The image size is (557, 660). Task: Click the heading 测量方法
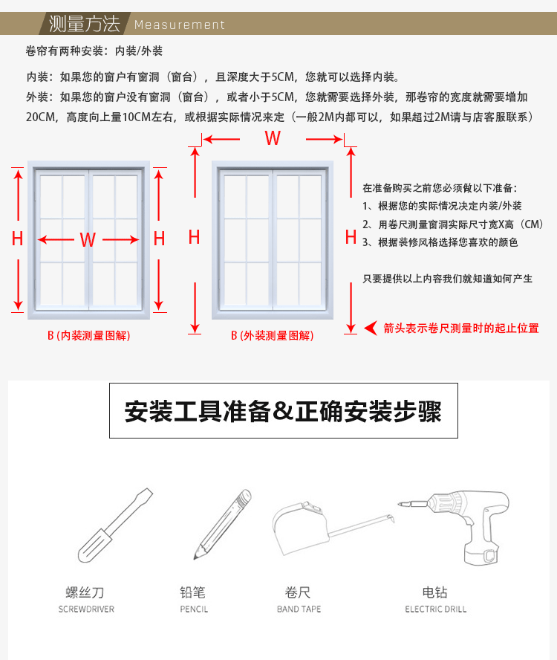tap(83, 24)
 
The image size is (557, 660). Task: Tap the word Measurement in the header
tap(179, 25)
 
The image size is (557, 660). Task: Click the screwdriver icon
tap(115, 525)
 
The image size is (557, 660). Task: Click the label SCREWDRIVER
tap(86, 609)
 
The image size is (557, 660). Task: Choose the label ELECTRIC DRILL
tap(436, 609)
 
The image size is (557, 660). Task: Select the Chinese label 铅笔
tap(193, 592)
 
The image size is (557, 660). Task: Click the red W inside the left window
tap(88, 239)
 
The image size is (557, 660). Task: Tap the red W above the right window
tap(273, 138)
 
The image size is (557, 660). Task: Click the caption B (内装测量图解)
tap(88, 336)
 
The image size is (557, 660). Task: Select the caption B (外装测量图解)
tap(273, 336)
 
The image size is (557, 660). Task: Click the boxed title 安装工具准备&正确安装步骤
tap(283, 411)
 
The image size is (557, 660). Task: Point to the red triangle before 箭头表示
tap(371, 328)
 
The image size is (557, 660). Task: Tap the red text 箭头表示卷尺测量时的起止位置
tap(461, 328)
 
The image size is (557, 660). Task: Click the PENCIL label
tap(194, 609)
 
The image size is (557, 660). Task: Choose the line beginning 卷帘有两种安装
tap(94, 51)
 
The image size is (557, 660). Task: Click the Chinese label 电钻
tap(435, 592)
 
